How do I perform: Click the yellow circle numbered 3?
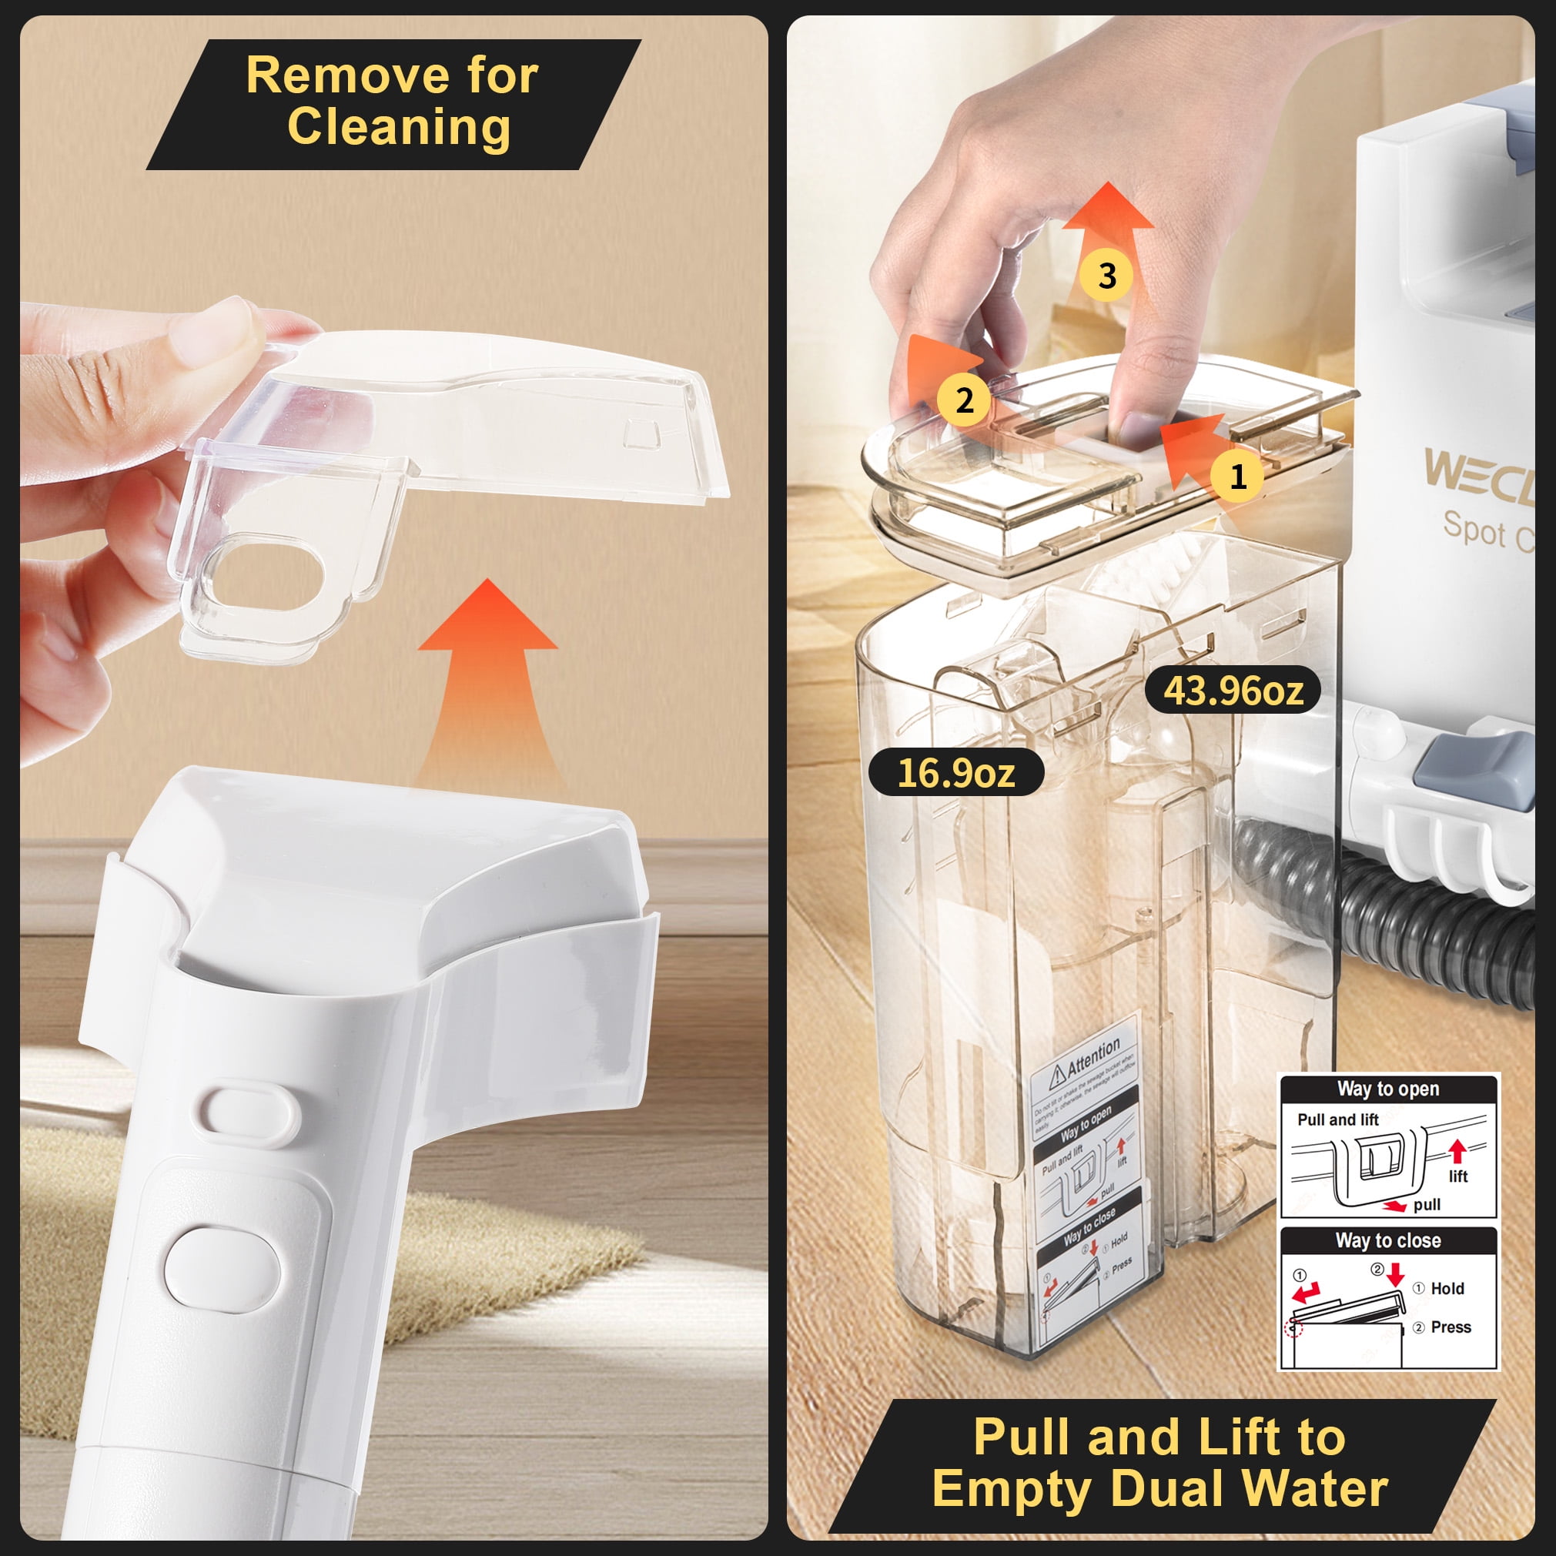[1107, 276]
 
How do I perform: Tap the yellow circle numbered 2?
[964, 400]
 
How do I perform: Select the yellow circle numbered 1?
[1238, 476]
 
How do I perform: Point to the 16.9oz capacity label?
[956, 772]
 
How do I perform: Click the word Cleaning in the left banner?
[399, 127]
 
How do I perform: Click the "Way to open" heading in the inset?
[1387, 1089]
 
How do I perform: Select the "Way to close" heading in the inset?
[1387, 1240]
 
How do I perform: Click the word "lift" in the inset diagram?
[1458, 1176]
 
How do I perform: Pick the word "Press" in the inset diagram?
[1451, 1327]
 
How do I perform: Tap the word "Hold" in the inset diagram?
[1447, 1289]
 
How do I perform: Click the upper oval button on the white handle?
[250, 1116]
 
